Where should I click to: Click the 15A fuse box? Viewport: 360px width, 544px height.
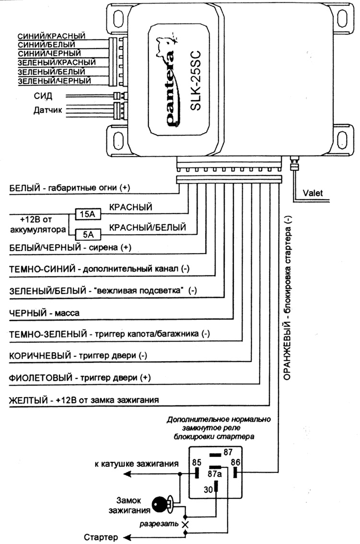(x=88, y=214)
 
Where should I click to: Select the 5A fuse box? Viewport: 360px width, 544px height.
(x=88, y=235)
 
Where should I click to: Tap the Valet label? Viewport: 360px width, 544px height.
(x=312, y=193)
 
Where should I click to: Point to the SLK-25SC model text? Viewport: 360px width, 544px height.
(x=196, y=81)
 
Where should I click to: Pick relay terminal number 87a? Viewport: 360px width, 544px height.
(x=215, y=473)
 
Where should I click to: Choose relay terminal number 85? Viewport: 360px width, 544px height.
(x=196, y=462)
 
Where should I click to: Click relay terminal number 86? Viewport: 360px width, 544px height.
(x=235, y=462)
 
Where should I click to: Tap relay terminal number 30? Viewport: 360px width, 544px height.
(x=208, y=489)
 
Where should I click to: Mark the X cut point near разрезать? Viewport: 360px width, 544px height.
(x=185, y=524)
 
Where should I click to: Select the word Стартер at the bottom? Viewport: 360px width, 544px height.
(x=101, y=537)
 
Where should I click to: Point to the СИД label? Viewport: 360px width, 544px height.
(x=43, y=95)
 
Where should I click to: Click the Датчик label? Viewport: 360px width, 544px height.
(x=48, y=110)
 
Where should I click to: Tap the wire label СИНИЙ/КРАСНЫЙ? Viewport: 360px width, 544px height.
(x=51, y=36)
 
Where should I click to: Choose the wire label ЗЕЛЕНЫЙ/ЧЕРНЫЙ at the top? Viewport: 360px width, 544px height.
(x=55, y=81)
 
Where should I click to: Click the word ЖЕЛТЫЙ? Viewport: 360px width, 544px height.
(x=28, y=400)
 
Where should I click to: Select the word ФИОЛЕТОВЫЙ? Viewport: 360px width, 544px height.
(x=41, y=378)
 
